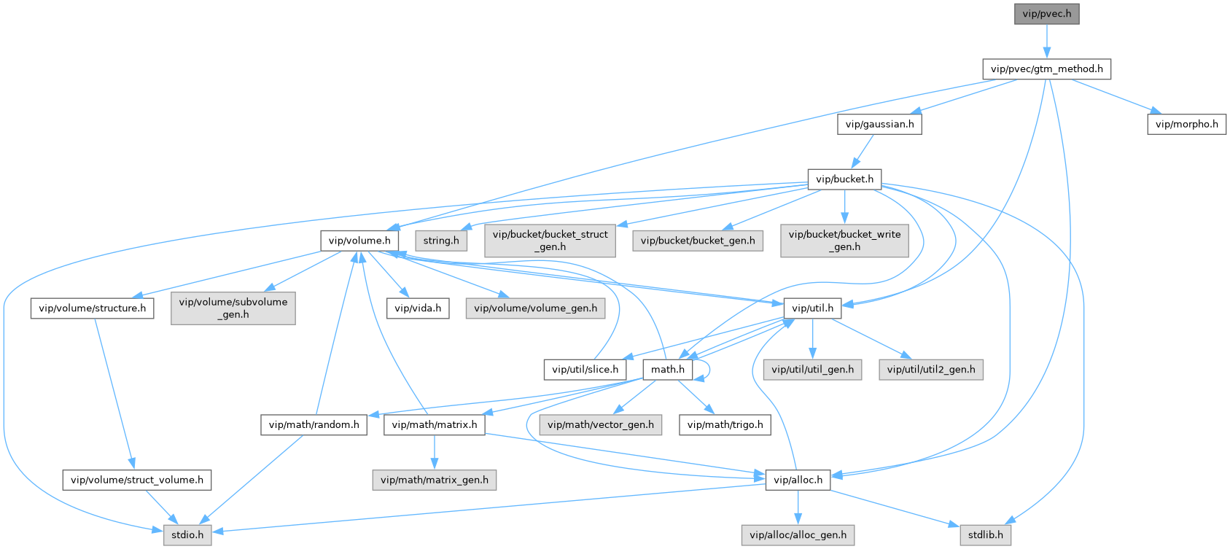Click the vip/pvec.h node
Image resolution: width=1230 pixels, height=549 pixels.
1046,14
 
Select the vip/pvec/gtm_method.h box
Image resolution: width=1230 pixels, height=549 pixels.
1046,69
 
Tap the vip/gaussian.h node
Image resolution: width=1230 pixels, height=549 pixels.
879,124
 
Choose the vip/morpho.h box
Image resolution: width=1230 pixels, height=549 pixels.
1186,124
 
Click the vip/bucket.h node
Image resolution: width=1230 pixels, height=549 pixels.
844,179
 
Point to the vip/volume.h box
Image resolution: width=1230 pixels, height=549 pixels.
359,241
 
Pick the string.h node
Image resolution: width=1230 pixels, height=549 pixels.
441,241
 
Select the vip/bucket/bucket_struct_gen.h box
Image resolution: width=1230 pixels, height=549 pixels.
550,241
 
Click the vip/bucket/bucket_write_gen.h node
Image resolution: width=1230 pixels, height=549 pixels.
844,241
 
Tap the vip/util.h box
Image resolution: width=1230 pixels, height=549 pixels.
812,308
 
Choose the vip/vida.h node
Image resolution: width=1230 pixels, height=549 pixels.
418,308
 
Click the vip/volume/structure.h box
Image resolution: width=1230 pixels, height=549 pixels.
92,308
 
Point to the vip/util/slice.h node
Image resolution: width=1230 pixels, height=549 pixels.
585,370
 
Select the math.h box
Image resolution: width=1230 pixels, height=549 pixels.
667,370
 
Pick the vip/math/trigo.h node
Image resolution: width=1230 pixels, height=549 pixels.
725,425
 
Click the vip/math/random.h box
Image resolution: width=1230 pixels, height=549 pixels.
314,425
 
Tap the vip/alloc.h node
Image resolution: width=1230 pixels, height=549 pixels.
798,480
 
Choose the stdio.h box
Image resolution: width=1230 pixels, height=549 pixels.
187,535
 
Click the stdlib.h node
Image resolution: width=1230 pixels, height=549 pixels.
985,535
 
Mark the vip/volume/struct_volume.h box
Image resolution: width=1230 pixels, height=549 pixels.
137,480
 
